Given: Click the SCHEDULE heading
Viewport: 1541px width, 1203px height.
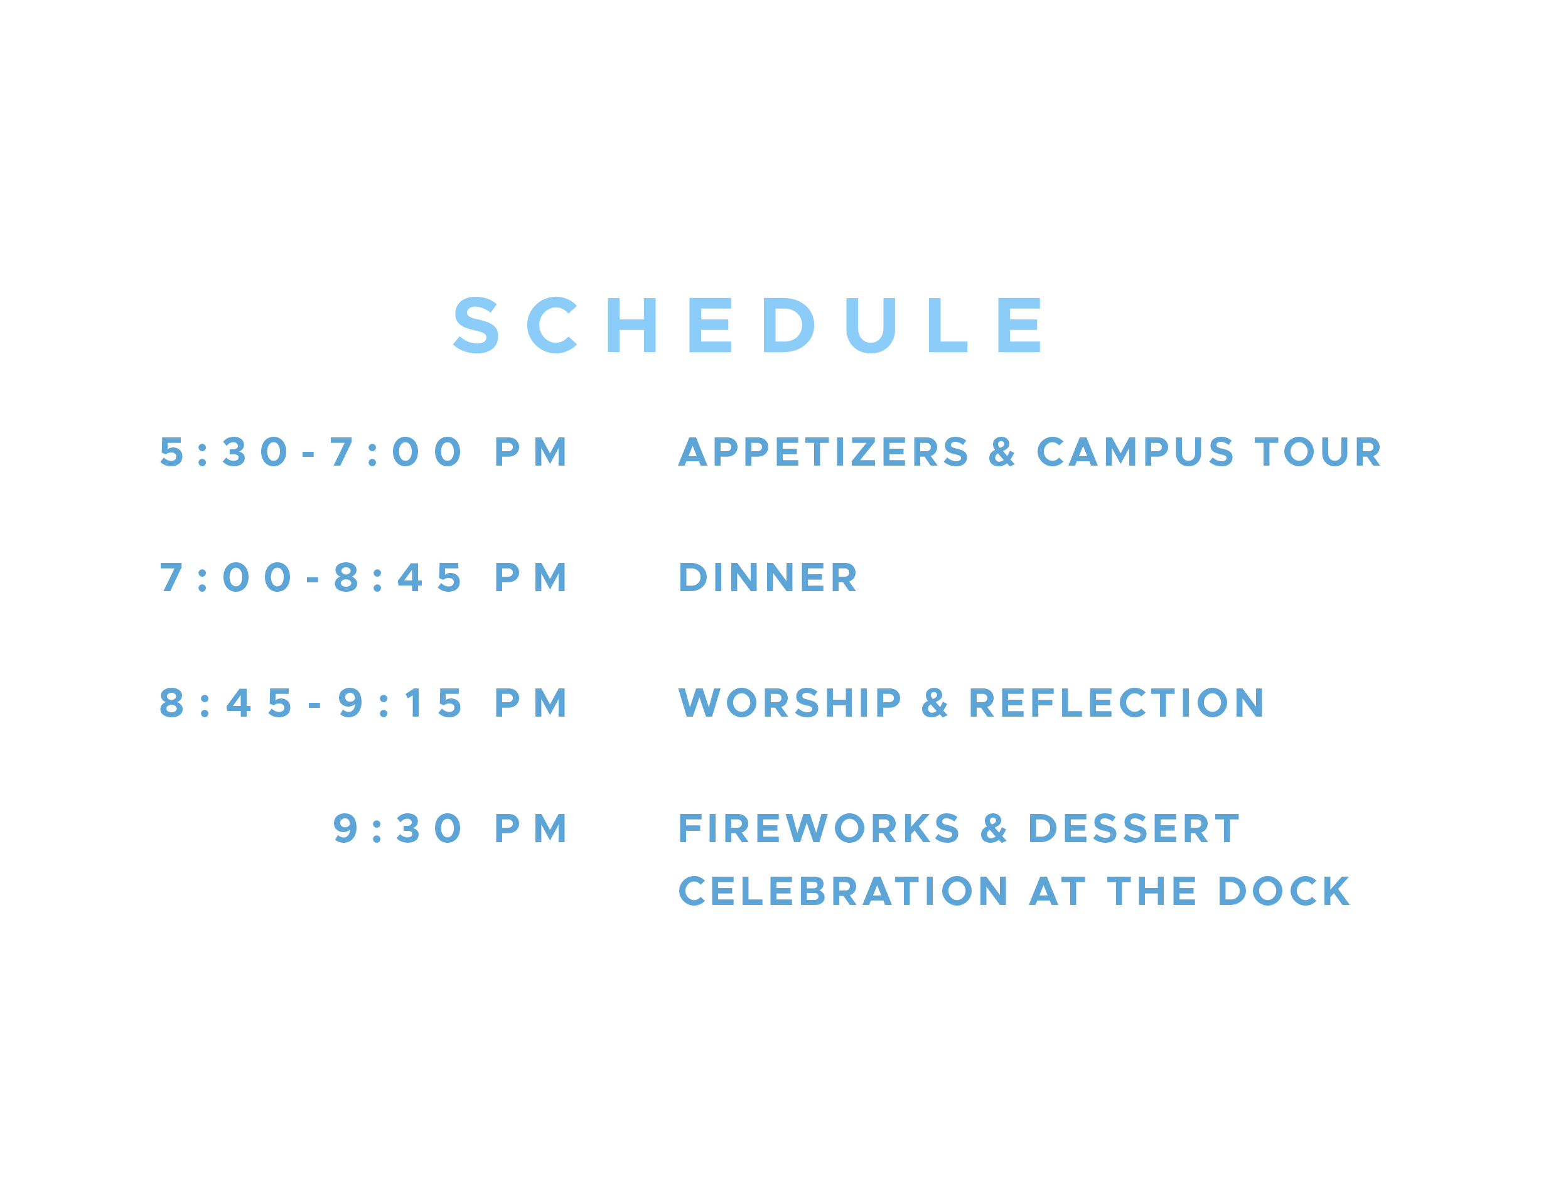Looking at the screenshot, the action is pos(747,325).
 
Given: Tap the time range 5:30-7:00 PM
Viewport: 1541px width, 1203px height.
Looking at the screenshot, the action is pos(363,452).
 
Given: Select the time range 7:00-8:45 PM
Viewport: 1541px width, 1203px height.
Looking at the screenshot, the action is pos(363,578).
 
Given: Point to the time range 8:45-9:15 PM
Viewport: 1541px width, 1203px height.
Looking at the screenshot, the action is pos(363,703).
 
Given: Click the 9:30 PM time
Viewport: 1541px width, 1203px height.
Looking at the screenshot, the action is pos(450,829).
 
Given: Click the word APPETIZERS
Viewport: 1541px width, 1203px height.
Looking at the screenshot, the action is pos(824,452).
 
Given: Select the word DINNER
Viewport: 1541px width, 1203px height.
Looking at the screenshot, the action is pos(768,578).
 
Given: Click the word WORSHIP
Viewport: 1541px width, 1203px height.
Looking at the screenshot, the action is pos(790,703).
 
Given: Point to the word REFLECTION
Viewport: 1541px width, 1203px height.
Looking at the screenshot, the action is pos(1116,703).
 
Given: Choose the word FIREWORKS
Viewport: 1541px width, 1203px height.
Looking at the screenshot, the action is pos(819,829).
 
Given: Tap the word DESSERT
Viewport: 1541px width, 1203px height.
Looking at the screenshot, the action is pos(1133,829).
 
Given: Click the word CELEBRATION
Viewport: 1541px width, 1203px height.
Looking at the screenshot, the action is pos(843,892).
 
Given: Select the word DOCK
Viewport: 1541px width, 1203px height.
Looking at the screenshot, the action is pos(1284,892).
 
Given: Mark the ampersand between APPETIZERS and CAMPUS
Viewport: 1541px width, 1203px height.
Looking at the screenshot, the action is pos(1002,452).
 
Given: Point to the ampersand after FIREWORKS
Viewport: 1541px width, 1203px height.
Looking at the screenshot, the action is pos(994,829).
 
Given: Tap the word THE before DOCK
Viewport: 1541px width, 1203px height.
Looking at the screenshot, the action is pos(1152,892).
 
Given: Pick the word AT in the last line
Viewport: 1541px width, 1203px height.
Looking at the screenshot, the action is pos(1057,892).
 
